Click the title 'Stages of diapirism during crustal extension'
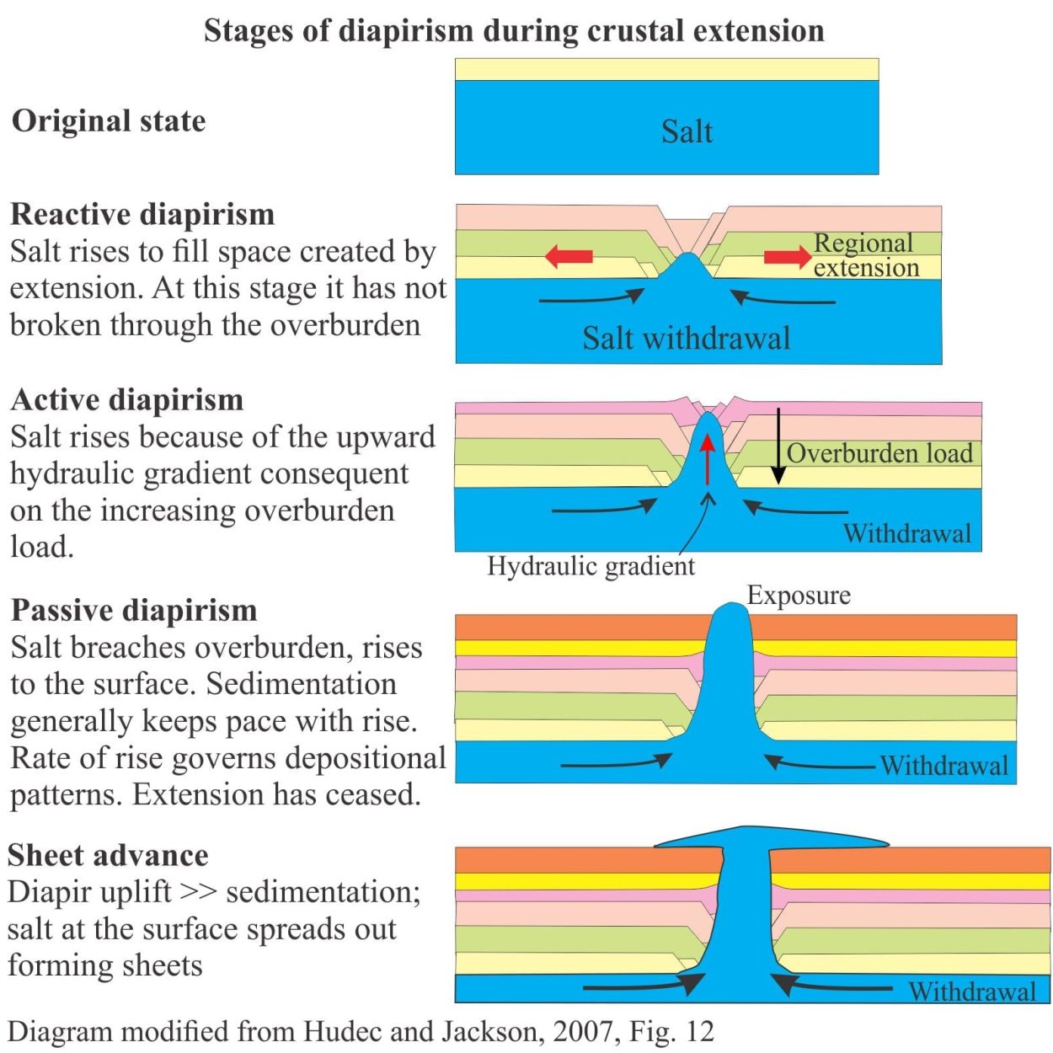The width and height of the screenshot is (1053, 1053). tap(514, 31)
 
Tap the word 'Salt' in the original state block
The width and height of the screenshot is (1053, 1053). tap(687, 131)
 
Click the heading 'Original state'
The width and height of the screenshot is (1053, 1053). tap(109, 120)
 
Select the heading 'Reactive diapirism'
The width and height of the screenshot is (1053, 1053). tap(142, 214)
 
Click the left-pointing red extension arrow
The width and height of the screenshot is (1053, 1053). tap(569, 256)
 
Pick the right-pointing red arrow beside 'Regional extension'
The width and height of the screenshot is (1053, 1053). tap(788, 256)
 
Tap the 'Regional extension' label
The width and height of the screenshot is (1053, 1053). tap(866, 255)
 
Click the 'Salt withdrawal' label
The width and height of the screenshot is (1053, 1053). tap(687, 338)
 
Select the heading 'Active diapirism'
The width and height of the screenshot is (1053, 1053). tap(126, 400)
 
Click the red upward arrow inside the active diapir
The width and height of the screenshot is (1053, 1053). tap(708, 460)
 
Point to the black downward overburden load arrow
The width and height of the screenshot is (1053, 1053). tap(778, 446)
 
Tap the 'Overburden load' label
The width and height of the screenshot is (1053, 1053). tap(879, 453)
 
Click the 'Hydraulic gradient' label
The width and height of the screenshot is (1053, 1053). tap(591, 565)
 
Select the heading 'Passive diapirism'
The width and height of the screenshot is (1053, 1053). tap(134, 611)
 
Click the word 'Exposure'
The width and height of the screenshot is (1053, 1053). tap(799, 595)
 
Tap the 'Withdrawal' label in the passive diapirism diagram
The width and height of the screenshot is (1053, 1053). tap(944, 765)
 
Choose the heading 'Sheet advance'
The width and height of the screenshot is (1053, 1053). tap(108, 855)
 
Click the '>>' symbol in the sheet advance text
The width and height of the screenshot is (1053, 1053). tap(199, 893)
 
